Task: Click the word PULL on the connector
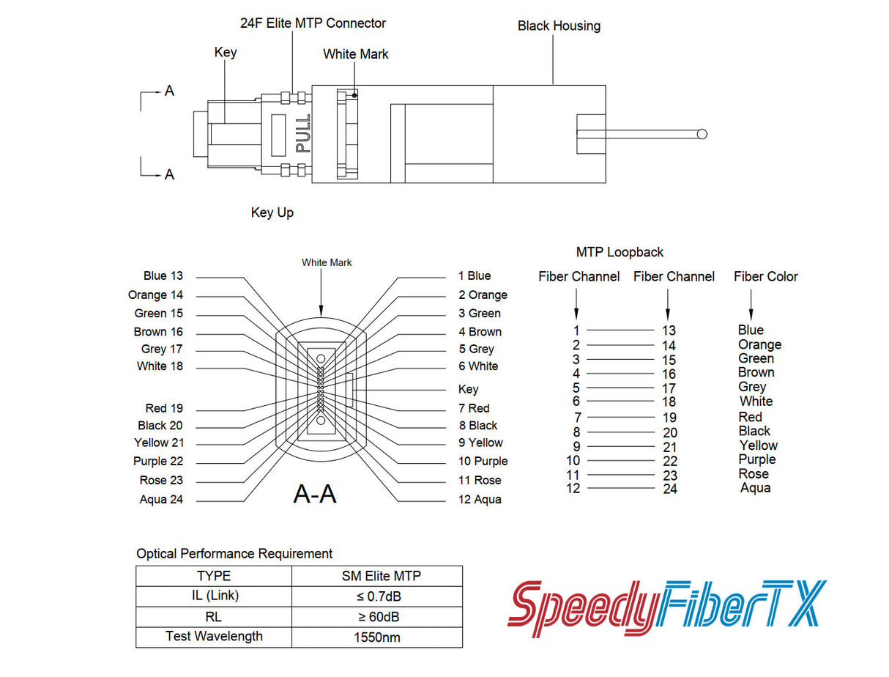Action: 303,133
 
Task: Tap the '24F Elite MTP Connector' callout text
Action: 313,23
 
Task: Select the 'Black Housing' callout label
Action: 559,26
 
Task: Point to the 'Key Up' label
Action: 272,212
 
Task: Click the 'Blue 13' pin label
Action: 163,275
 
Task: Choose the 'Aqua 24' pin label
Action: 161,500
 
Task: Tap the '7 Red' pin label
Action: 474,408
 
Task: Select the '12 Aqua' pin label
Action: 480,500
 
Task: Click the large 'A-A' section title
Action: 315,495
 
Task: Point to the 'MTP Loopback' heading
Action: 620,252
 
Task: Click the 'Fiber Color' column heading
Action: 765,276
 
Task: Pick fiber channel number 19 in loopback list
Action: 669,418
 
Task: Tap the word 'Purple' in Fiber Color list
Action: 756,459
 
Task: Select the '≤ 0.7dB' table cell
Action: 376,596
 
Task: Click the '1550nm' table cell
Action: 376,637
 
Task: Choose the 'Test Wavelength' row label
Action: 214,636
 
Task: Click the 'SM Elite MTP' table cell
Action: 376,576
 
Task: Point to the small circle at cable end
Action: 702,134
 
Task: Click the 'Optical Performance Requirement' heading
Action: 234,553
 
